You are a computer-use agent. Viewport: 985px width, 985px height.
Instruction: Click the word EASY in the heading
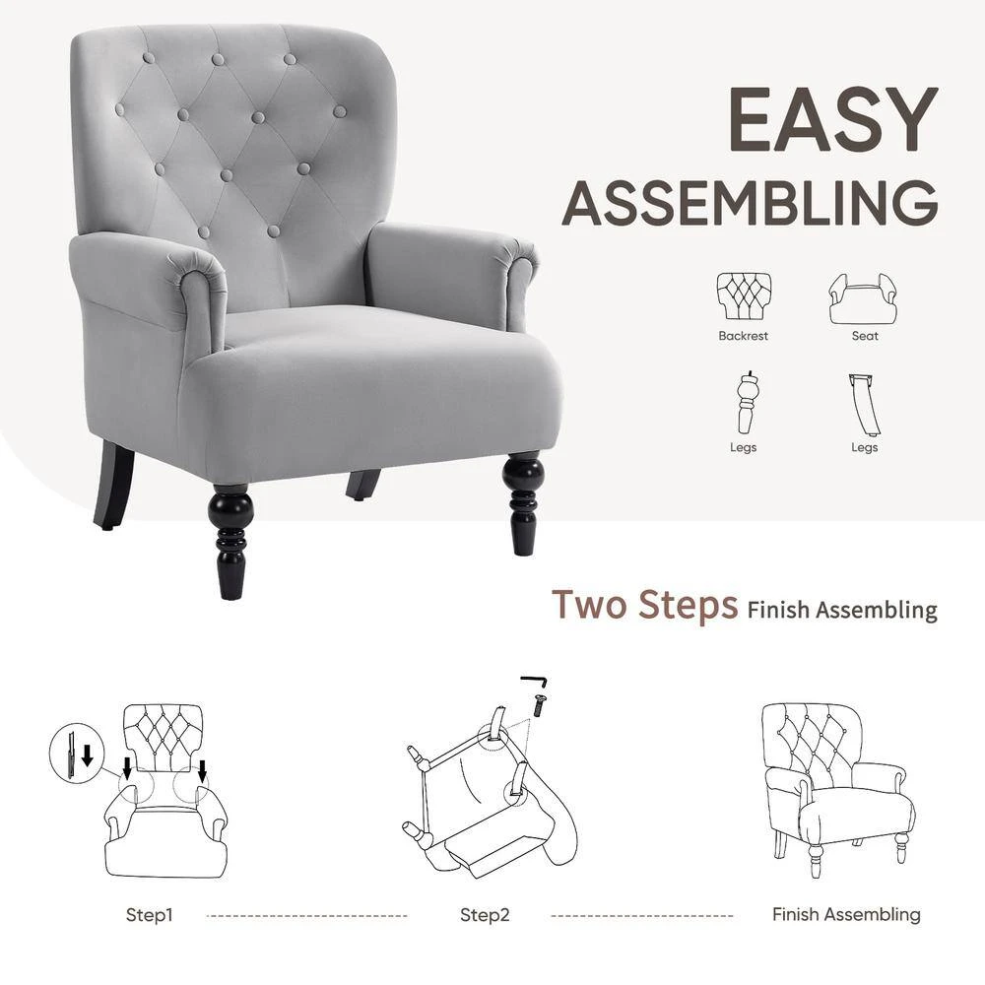833,119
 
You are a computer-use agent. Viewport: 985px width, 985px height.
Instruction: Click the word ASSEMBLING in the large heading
750,202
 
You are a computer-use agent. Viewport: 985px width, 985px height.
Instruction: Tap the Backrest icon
744,295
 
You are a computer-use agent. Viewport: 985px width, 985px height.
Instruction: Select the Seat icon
863,298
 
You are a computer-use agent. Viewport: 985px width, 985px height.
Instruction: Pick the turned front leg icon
746,402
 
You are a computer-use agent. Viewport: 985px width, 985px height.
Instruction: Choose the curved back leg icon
865,405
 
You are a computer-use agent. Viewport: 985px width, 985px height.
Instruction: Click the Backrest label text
743,336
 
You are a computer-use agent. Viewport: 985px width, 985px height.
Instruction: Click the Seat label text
865,336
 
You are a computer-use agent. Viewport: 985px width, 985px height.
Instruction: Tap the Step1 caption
149,915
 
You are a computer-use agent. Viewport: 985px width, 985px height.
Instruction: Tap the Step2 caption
485,915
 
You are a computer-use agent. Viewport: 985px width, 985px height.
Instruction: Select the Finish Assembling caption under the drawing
846,914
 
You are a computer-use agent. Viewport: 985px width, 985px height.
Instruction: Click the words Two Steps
644,605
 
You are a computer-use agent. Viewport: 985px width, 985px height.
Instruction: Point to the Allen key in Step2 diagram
534,681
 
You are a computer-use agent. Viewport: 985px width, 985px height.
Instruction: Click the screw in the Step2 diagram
539,705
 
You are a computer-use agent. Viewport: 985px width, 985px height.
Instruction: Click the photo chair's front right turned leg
523,502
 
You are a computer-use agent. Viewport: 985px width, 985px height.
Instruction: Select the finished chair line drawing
838,789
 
